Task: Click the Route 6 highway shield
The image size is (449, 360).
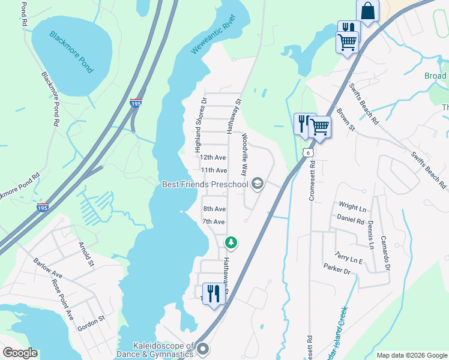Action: [x=308, y=153]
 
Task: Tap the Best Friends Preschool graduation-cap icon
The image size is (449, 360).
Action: [x=258, y=184]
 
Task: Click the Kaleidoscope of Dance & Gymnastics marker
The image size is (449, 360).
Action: [x=203, y=349]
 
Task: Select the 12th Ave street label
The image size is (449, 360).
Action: [x=213, y=158]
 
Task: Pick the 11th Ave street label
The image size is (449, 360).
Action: [x=214, y=170]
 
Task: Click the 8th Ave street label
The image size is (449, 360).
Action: [x=214, y=209]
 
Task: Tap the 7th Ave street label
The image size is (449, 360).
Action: [x=213, y=221]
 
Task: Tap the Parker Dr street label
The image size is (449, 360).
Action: [x=336, y=268]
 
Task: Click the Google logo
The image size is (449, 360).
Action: [x=20, y=353]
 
